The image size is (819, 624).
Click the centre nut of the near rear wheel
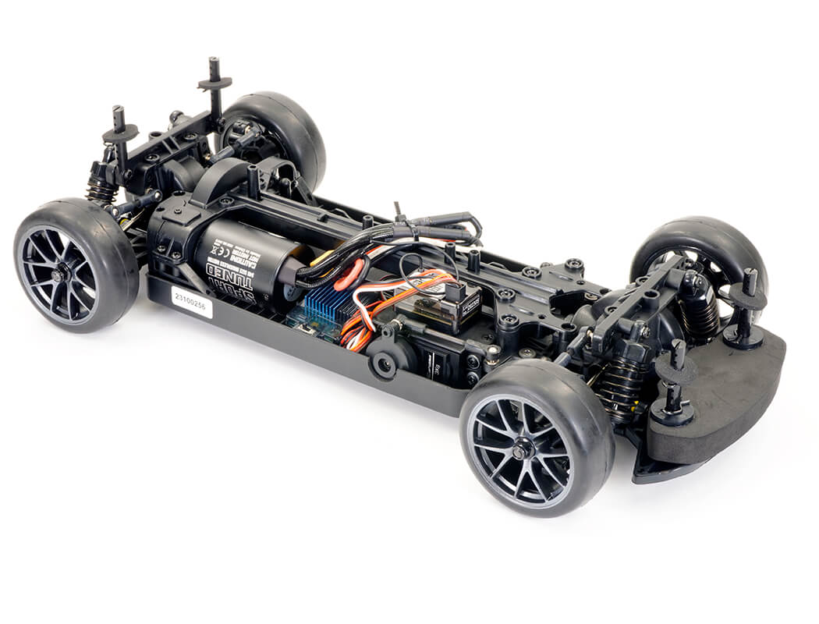point(59,275)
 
